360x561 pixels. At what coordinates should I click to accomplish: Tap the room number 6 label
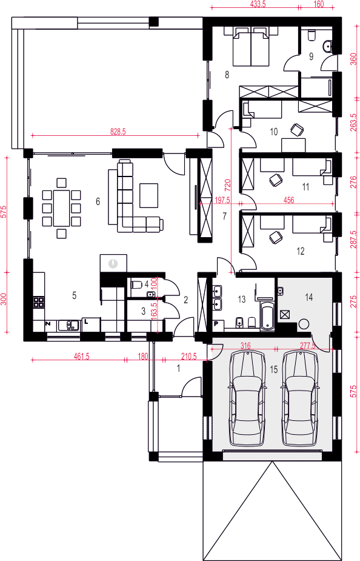pyautogui.click(x=98, y=202)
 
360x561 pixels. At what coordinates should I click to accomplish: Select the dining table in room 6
pyautogui.click(x=61, y=208)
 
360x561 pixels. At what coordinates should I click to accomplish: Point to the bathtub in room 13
pyautogui.click(x=267, y=316)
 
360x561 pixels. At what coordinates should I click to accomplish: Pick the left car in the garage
pyautogui.click(x=247, y=398)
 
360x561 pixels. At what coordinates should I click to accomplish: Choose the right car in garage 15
pyautogui.click(x=299, y=398)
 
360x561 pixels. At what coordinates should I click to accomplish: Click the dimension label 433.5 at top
pyautogui.click(x=256, y=4)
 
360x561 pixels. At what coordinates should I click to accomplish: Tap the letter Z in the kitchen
pyautogui.click(x=47, y=323)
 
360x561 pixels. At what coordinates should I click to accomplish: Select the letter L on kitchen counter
pyautogui.click(x=86, y=321)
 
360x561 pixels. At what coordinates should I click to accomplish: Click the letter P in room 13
pyautogui.click(x=216, y=324)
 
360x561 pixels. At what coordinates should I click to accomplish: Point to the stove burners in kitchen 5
pyautogui.click(x=39, y=301)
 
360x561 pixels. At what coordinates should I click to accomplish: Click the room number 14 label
pyautogui.click(x=309, y=297)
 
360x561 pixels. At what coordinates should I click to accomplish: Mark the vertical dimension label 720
pyautogui.click(x=228, y=184)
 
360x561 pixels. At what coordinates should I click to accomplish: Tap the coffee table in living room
pyautogui.click(x=148, y=195)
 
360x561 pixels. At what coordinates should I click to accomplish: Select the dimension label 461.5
pyautogui.click(x=81, y=357)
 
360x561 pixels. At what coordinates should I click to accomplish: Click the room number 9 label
pyautogui.click(x=311, y=56)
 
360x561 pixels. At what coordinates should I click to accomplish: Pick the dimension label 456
pyautogui.click(x=288, y=200)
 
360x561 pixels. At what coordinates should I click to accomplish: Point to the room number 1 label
pyautogui.click(x=179, y=368)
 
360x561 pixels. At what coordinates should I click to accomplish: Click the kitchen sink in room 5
pyautogui.click(x=68, y=325)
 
